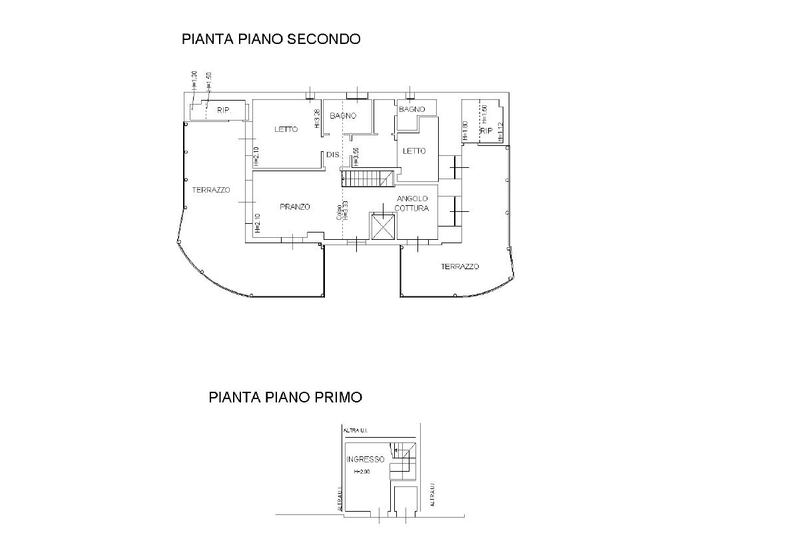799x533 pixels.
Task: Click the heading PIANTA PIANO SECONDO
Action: pyautogui.click(x=271, y=39)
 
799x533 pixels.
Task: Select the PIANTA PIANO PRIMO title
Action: pyautogui.click(x=285, y=398)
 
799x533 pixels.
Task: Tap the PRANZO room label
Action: pyautogui.click(x=294, y=207)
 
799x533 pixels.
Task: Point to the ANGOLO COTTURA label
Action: pyautogui.click(x=413, y=204)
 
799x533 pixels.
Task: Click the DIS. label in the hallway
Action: pyautogui.click(x=333, y=155)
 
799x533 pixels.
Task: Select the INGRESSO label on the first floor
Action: pyautogui.click(x=365, y=460)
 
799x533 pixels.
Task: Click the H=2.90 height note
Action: pyautogui.click(x=362, y=472)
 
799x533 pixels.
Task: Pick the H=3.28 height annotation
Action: pyautogui.click(x=317, y=119)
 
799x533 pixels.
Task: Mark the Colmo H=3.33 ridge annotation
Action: pyautogui.click(x=342, y=211)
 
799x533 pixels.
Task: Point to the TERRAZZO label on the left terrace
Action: pyautogui.click(x=211, y=190)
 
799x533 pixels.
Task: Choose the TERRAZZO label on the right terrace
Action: pyautogui.click(x=459, y=266)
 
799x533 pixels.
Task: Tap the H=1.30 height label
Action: pyautogui.click(x=194, y=80)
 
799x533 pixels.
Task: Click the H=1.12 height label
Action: pyautogui.click(x=500, y=133)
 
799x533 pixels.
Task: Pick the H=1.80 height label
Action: pyautogui.click(x=464, y=131)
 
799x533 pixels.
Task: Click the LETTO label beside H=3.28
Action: pyautogui.click(x=286, y=129)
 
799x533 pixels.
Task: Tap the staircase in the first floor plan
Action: pyautogui.click(x=402, y=459)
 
